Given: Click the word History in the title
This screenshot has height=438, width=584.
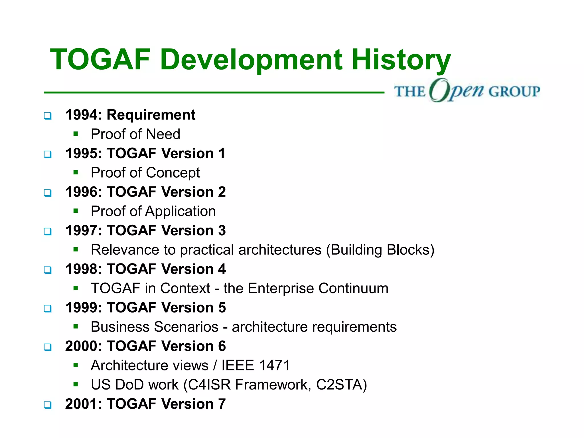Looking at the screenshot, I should coord(401,60).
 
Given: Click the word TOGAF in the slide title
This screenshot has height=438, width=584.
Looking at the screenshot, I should coord(100,60).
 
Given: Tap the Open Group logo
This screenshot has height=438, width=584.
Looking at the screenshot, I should coord(467,91).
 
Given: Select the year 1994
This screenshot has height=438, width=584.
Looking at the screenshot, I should coord(82,115).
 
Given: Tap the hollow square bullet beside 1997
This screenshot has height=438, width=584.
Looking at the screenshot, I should coord(48,231).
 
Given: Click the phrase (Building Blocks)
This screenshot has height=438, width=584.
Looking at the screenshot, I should coord(380,250).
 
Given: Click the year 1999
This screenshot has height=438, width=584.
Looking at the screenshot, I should coord(82,308).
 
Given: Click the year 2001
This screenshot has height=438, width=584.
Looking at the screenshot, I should coord(82,404).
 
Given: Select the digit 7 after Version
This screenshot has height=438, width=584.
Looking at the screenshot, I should coord(222,404).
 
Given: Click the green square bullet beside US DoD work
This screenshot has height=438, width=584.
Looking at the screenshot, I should coord(76,384).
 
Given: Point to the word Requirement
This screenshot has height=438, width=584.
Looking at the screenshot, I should coord(151,115).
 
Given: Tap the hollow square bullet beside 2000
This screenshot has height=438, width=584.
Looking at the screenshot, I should coord(48,347).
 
